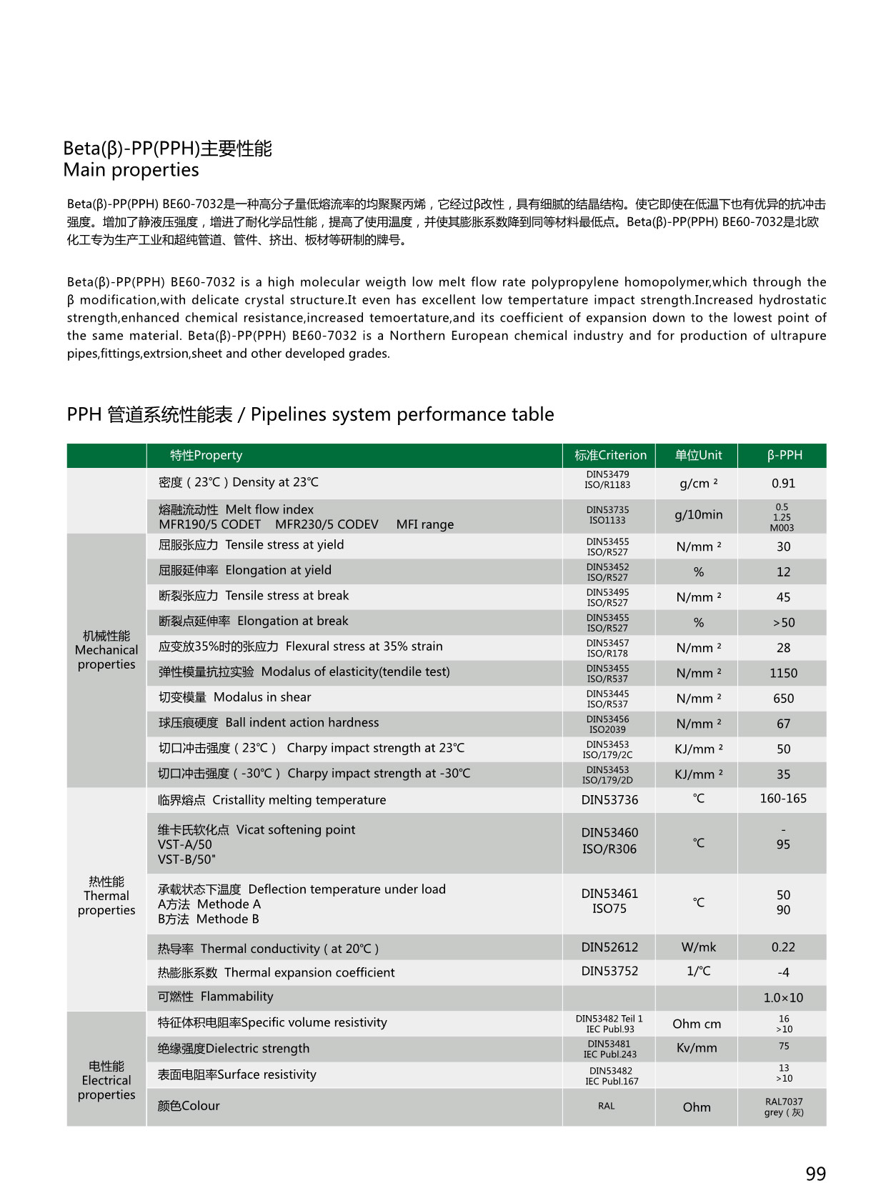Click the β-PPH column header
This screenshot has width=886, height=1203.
tap(784, 455)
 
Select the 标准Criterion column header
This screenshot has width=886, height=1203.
tap(609, 455)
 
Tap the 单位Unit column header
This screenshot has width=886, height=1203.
tap(698, 455)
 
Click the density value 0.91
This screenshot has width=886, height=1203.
tap(783, 484)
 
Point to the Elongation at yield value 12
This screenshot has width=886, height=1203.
tap(783, 571)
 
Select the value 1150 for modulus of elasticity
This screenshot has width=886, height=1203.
tap(783, 673)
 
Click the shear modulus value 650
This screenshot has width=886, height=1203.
tap(783, 699)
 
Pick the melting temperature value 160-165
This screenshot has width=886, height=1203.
tap(783, 799)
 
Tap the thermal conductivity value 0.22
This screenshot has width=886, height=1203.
tap(783, 947)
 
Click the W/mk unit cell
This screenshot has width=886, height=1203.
tap(698, 947)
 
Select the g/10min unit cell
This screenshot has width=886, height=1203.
tap(698, 515)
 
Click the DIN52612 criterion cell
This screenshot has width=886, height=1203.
tap(609, 947)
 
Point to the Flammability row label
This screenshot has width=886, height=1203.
tap(215, 997)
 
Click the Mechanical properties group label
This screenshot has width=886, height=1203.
tap(106, 650)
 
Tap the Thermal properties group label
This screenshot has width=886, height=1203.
tap(106, 896)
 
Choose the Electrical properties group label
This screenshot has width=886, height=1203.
tap(106, 1080)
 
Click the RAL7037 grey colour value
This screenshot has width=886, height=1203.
tap(783, 1107)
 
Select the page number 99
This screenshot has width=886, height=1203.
tap(815, 1174)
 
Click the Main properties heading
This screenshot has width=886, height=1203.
tap(131, 170)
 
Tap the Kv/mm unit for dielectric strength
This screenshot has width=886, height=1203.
tap(696, 1048)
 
